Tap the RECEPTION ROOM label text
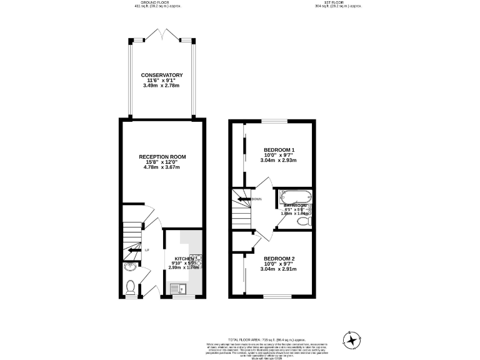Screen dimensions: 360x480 (162, 156)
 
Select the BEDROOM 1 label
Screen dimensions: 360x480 (279, 149)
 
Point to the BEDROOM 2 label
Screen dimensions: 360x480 (279, 258)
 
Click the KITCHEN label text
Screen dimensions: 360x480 (184, 258)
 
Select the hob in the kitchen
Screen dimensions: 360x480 (196, 261)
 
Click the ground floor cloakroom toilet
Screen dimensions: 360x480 (131, 287)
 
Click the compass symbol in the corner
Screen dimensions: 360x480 (353, 340)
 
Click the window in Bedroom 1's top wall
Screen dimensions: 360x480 (270, 121)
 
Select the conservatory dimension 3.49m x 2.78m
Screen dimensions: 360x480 (162, 86)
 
